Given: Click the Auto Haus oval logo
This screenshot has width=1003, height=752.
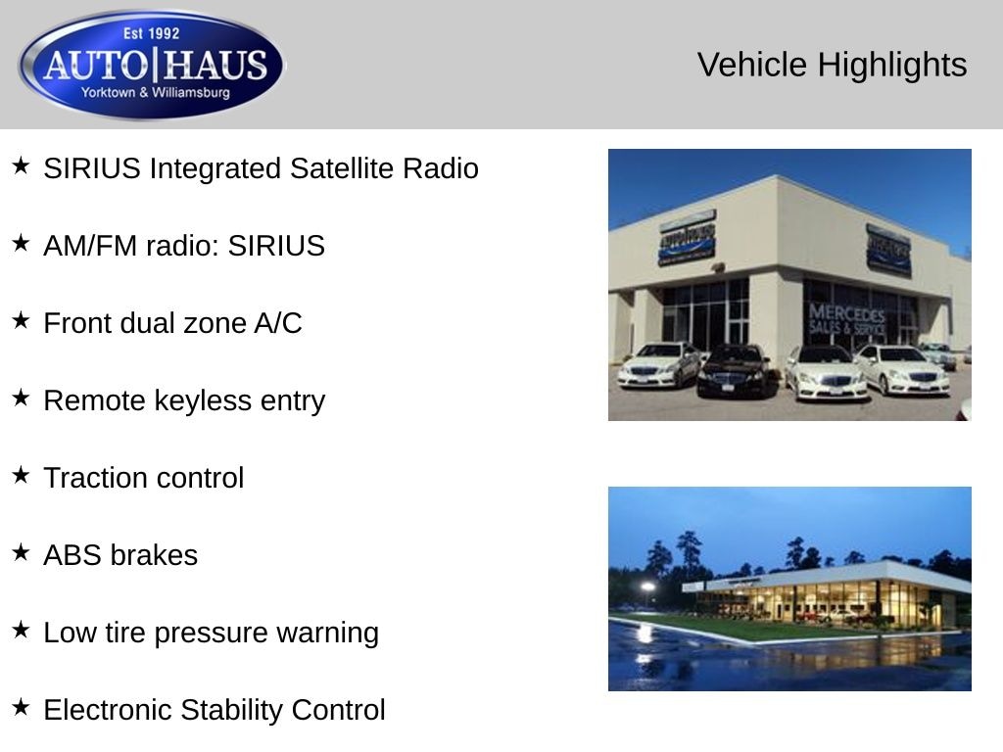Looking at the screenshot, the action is point(152,64).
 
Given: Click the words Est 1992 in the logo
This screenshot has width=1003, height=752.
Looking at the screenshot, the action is point(152,33).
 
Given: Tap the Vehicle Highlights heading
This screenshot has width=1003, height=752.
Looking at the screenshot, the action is point(832,65).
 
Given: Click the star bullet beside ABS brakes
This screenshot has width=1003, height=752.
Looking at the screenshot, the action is point(22,552).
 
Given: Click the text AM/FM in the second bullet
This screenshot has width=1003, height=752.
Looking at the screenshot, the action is point(90,246).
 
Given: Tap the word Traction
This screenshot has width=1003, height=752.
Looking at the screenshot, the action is point(95,478).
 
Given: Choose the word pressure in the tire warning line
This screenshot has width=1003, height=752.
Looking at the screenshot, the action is point(212,634).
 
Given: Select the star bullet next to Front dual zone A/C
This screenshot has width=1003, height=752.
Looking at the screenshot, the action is point(22,320).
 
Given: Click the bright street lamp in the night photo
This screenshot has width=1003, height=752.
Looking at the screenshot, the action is point(647,587).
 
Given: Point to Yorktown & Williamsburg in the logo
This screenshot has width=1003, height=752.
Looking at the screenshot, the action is point(155,93).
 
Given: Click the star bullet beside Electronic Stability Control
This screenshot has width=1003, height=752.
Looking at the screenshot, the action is point(22,707).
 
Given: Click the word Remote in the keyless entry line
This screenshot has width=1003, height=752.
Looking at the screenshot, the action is point(94,400).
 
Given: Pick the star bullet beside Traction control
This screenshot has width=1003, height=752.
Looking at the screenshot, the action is point(22,475).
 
